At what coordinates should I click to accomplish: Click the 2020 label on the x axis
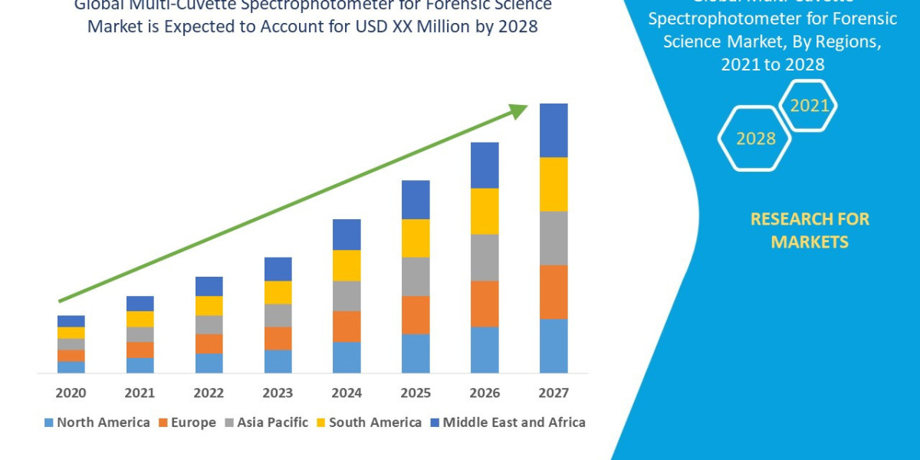(71, 393)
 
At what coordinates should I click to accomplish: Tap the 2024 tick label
(347, 393)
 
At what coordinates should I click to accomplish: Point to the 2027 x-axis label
(554, 393)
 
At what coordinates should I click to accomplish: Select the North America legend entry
(97, 422)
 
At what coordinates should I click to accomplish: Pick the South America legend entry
(369, 422)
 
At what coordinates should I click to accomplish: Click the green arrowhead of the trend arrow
(518, 111)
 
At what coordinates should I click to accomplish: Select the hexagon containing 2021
(808, 106)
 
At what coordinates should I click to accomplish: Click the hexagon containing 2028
(754, 139)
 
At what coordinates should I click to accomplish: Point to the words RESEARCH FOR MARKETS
(810, 230)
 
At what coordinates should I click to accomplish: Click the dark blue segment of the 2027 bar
(554, 130)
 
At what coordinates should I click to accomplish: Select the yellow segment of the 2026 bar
(485, 211)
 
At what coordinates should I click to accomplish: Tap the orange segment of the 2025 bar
(416, 314)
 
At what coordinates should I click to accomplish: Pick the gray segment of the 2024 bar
(347, 296)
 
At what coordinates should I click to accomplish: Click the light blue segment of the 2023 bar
(278, 361)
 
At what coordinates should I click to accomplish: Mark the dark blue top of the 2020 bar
(71, 320)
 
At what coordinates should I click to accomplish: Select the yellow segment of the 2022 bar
(209, 305)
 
